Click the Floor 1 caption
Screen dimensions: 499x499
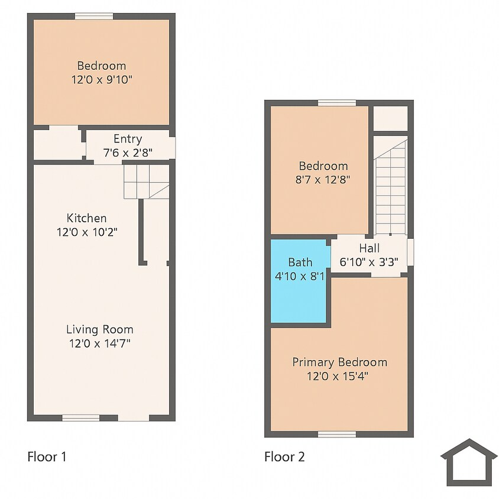tap(47, 456)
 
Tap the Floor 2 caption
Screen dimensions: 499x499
tap(284, 456)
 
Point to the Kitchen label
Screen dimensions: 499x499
tap(87, 218)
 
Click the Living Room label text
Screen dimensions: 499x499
tap(99, 329)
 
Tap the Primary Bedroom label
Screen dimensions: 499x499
tap(339, 362)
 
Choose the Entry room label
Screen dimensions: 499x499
tap(128, 139)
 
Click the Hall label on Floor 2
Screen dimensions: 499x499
tap(370, 248)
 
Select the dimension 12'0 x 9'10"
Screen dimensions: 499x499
tap(102, 79)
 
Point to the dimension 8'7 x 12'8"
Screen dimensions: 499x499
tap(323, 179)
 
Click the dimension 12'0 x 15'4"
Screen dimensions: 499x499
tap(339, 375)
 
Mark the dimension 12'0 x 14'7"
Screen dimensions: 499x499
tap(99, 343)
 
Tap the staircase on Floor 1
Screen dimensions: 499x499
tap(145, 181)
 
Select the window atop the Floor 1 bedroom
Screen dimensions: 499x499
tap(93, 16)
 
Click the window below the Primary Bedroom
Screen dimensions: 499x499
tap(337, 434)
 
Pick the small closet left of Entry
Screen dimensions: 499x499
tap(57, 144)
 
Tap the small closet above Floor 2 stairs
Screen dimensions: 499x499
tap(390, 118)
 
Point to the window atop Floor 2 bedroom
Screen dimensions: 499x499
tap(337, 103)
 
